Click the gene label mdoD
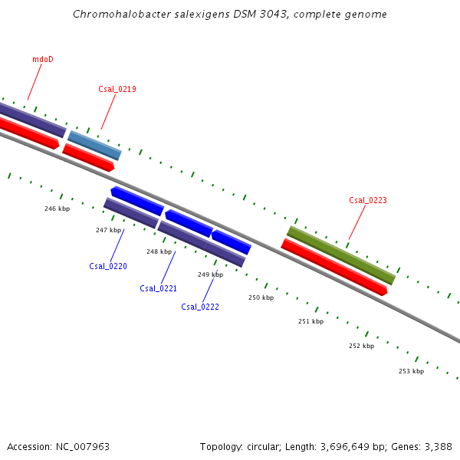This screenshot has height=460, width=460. (43, 59)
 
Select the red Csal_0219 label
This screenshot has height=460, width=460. (117, 89)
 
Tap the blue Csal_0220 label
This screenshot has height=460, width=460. (108, 266)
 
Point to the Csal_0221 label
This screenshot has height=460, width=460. (159, 288)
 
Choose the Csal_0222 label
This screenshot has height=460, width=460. (200, 307)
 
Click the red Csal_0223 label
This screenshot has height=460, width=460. (368, 200)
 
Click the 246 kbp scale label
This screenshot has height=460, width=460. (57, 209)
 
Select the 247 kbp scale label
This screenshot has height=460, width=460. (108, 230)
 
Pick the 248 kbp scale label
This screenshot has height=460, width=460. (159, 251)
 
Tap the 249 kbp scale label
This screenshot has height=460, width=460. (210, 274)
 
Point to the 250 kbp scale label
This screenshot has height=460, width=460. (261, 297)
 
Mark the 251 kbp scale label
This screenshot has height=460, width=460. (310, 321)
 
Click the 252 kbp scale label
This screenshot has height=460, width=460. (361, 346)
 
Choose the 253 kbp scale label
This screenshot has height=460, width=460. (411, 371)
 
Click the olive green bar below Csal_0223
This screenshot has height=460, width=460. (341, 255)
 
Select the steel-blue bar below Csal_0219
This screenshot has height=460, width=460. (94, 145)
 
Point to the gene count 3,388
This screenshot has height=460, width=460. (437, 446)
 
